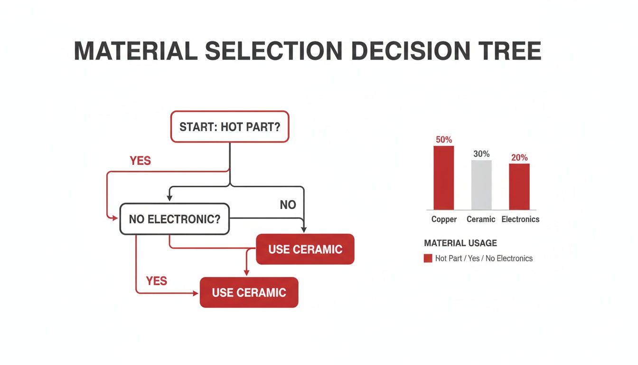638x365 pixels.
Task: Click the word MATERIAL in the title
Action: click(136, 51)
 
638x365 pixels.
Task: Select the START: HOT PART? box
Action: click(230, 127)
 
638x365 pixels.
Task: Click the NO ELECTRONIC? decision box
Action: click(175, 219)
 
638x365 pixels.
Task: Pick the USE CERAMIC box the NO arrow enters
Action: click(305, 249)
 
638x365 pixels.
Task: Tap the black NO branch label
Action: click(288, 205)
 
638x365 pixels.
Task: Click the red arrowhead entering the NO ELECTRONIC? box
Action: click(114, 218)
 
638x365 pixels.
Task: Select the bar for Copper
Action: click(443, 178)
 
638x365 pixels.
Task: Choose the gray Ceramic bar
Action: click(481, 185)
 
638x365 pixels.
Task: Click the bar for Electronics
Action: click(519, 186)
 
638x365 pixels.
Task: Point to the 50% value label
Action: click(443, 140)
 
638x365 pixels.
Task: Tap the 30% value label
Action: click(481, 154)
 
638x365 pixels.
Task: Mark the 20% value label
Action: click(519, 157)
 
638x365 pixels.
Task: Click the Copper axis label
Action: click(444, 219)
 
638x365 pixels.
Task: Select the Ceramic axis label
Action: click(481, 219)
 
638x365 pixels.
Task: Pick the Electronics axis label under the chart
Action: click(520, 219)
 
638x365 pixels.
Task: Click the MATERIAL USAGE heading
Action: click(460, 243)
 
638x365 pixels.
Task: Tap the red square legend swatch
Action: click(428, 259)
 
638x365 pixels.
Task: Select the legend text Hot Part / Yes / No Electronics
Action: click(484, 259)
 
